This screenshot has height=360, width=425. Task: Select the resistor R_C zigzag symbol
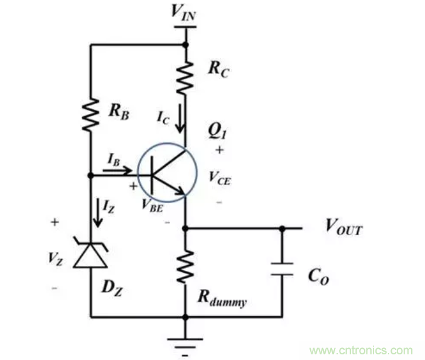186,77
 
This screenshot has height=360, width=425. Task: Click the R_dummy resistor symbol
186,266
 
